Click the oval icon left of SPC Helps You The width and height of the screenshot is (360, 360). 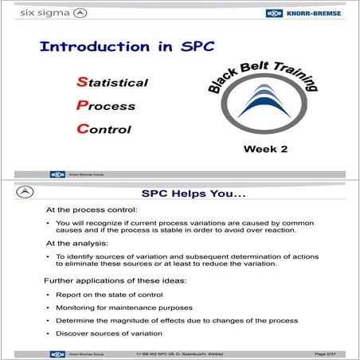(27, 193)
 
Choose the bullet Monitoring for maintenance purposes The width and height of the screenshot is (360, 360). (123, 307)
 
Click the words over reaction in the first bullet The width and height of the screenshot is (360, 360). (273, 230)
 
